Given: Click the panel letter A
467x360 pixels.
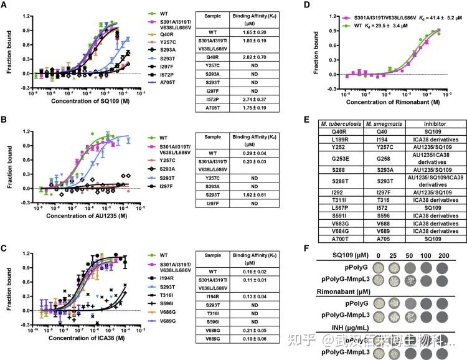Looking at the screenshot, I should point(4,6).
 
